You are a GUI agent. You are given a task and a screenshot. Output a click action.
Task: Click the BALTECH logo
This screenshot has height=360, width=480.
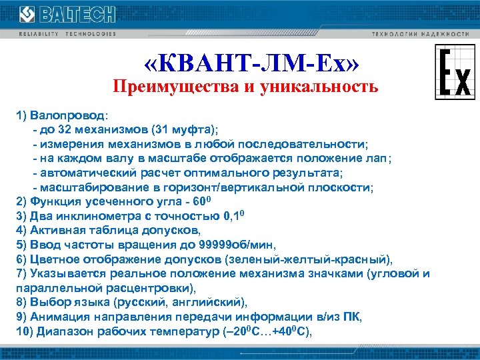[x=67, y=15]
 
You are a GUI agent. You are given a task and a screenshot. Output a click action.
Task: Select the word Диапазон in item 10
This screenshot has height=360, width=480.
[x=62, y=333]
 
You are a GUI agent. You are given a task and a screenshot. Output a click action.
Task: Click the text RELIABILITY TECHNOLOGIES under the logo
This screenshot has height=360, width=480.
[x=67, y=33]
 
